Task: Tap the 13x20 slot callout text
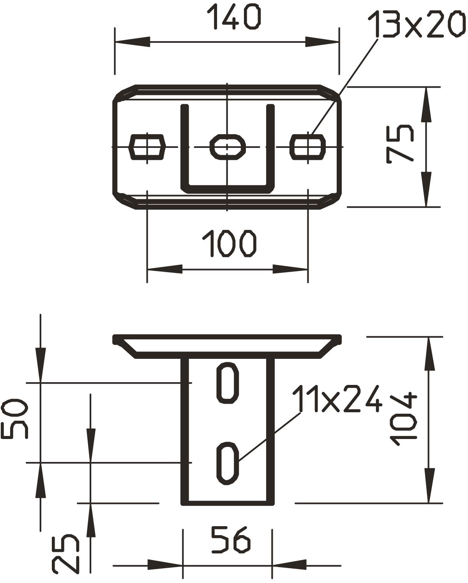417,24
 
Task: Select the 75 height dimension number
400,144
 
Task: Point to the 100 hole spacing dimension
229,243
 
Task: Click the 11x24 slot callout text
337,399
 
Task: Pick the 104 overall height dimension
403,419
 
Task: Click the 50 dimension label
14,418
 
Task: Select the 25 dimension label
65,553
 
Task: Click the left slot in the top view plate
147,147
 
